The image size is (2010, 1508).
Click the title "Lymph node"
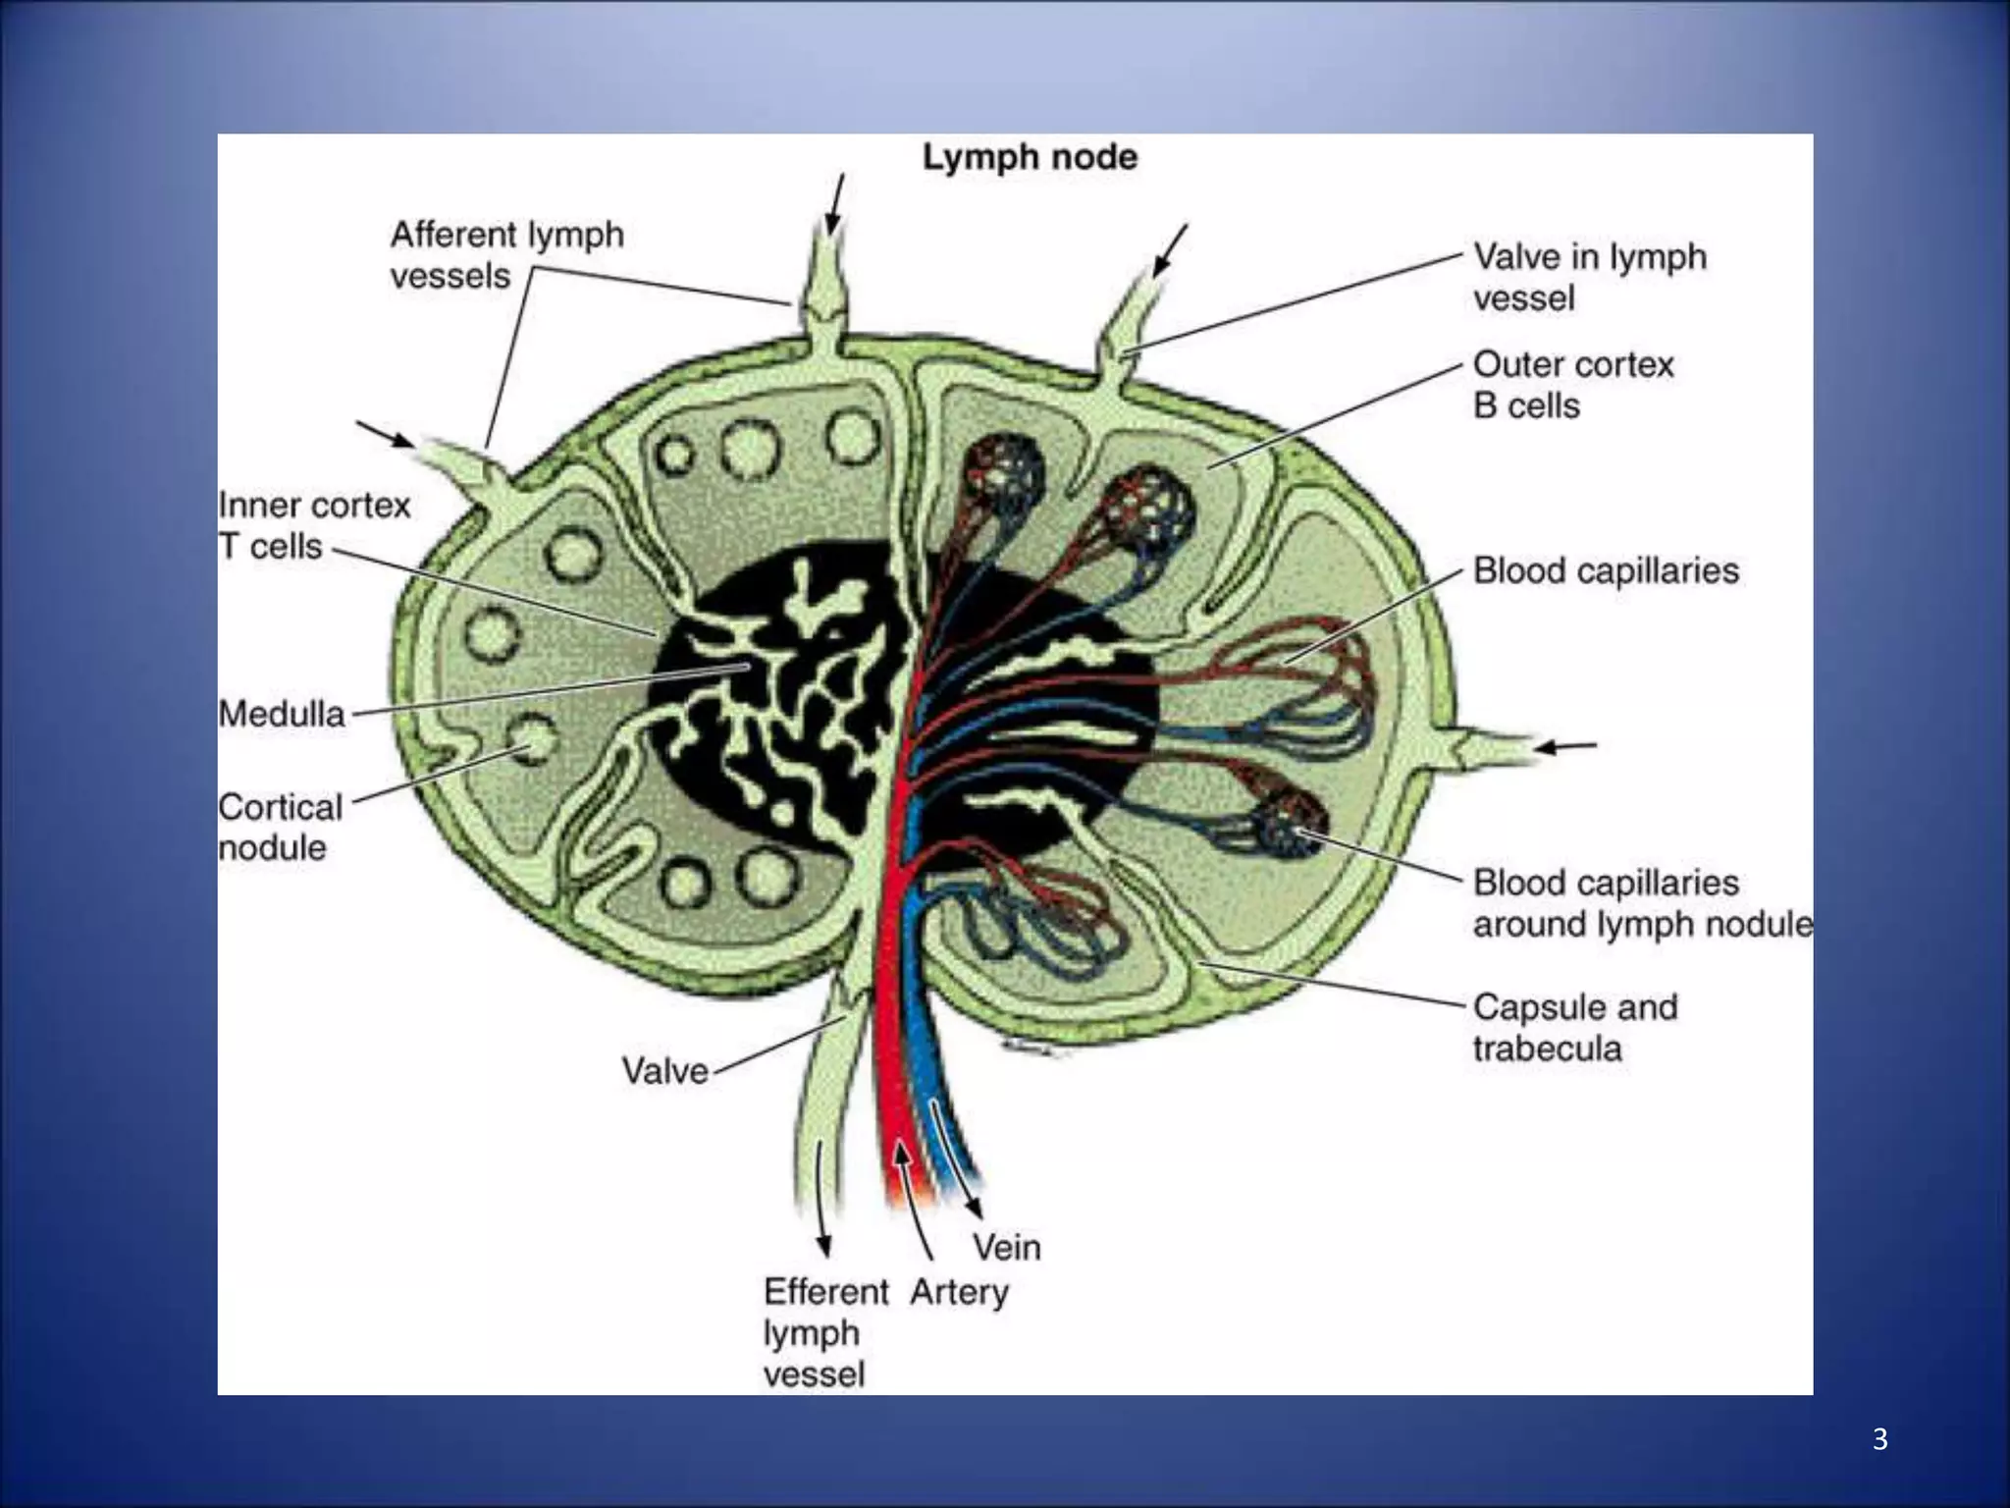[x=1030, y=157]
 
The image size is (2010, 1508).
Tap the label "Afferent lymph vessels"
[x=506, y=255]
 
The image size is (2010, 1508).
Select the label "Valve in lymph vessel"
[x=1589, y=277]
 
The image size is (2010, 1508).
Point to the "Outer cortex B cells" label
[x=1572, y=385]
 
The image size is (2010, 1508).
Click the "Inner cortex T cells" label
[x=313, y=525]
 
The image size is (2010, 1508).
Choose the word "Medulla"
[x=283, y=714]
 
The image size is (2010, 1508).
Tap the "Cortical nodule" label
[x=281, y=827]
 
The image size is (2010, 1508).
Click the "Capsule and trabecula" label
[x=1574, y=1027]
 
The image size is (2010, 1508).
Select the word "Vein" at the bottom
[x=1006, y=1247]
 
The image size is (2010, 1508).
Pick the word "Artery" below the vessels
[x=958, y=1292]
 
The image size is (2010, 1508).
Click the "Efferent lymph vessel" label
[x=824, y=1331]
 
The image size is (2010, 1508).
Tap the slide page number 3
[x=1879, y=1439]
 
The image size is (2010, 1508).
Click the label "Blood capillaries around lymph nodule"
[x=1641, y=903]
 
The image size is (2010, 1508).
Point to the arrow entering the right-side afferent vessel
[x=1566, y=747]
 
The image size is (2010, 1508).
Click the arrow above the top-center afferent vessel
[x=835, y=204]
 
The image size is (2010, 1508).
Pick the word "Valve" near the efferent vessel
[x=664, y=1070]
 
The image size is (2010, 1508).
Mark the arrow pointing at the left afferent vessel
[x=385, y=434]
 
